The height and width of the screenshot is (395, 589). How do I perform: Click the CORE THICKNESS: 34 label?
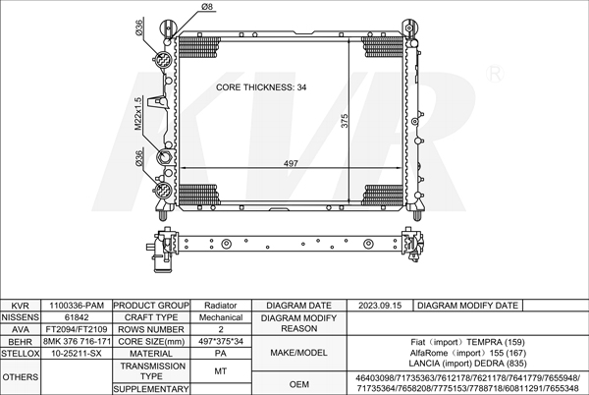pyautogui.click(x=260, y=87)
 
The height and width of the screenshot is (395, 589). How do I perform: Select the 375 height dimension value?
pyautogui.click(x=345, y=120)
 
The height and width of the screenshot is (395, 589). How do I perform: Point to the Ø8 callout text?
pyautogui.click(x=207, y=8)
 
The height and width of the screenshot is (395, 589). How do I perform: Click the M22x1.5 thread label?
pyautogui.click(x=138, y=114)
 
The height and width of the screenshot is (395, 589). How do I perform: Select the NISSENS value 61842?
pyautogui.click(x=77, y=317)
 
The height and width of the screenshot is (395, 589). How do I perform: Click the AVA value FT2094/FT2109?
pyautogui.click(x=77, y=329)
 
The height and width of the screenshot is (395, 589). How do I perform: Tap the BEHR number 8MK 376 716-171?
pyautogui.click(x=77, y=341)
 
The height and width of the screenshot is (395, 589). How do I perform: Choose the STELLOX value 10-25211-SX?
pyautogui.click(x=77, y=353)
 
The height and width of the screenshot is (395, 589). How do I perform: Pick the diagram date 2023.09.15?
pyautogui.click(x=381, y=306)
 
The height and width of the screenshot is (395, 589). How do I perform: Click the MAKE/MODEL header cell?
pyautogui.click(x=298, y=353)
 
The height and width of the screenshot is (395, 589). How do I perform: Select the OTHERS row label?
pyautogui.click(x=21, y=376)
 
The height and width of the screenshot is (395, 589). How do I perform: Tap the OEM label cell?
pyautogui.click(x=298, y=383)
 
